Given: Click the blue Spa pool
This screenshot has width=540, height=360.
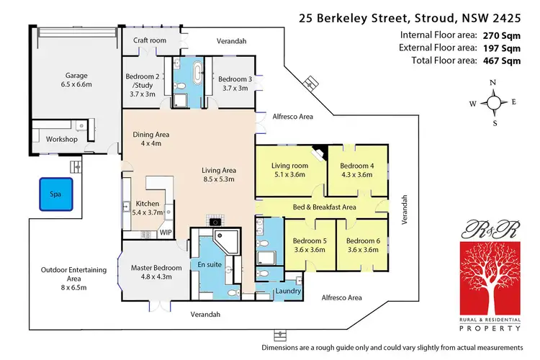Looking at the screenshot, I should pyautogui.click(x=55, y=194).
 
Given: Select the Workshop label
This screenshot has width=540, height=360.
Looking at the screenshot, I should pyautogui.click(x=61, y=139).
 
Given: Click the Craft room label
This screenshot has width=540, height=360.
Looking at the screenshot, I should pyautogui.click(x=150, y=41).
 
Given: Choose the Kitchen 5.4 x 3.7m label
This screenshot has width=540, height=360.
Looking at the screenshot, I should pyautogui.click(x=148, y=209).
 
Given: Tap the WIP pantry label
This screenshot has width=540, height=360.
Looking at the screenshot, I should pyautogui.click(x=165, y=233).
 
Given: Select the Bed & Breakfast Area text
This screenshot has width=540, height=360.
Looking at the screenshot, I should pyautogui.click(x=324, y=207).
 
